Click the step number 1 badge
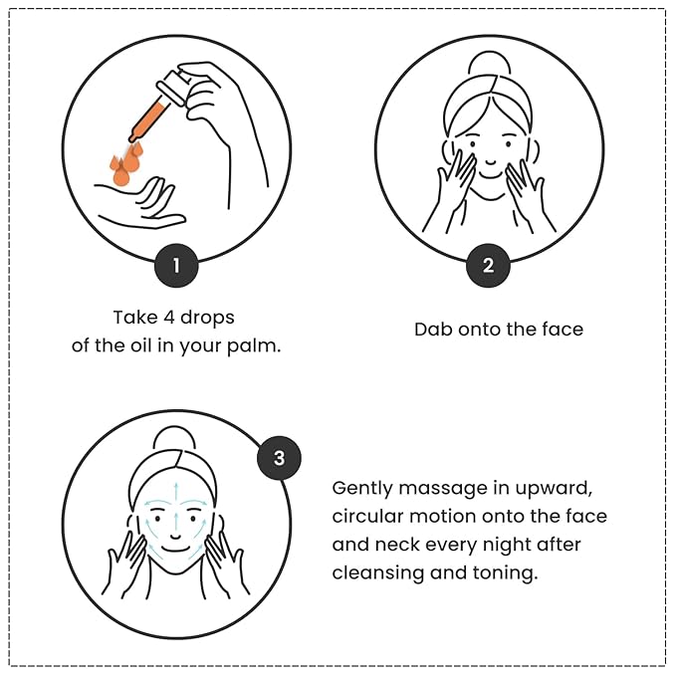click(x=176, y=266)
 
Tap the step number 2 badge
click(x=488, y=266)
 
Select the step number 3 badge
click(x=279, y=458)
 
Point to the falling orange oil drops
click(x=124, y=165)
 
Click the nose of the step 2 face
click(x=490, y=162)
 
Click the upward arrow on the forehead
click(x=176, y=491)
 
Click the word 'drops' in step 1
click(x=207, y=319)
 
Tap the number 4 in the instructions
click(x=168, y=318)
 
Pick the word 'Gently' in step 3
click(x=362, y=489)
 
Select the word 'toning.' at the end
click(x=506, y=574)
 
